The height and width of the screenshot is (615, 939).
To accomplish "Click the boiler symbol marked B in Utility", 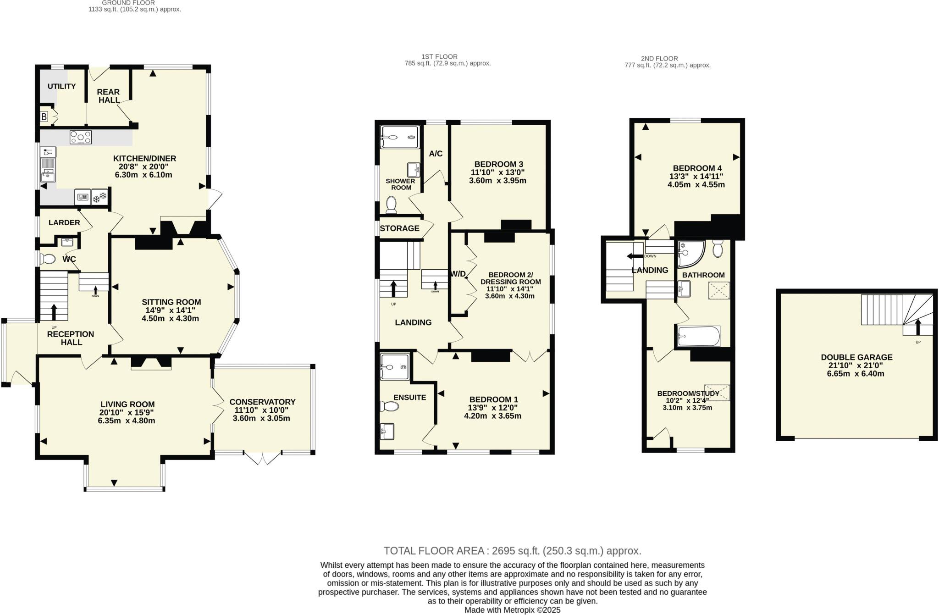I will coord(44,116).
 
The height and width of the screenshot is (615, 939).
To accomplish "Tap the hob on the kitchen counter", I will coord(81,137).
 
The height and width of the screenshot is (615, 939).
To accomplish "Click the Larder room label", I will coord(64,222).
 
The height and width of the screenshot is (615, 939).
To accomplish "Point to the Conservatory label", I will coord(262,402).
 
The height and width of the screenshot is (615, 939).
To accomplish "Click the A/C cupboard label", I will coord(436,154).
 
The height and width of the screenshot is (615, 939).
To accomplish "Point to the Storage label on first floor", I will coord(399,228).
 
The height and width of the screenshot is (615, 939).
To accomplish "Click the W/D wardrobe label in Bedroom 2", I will coord(458,274).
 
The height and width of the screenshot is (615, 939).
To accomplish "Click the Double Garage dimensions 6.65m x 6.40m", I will coord(856,373).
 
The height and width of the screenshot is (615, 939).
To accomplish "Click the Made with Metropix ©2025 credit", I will coord(512,610).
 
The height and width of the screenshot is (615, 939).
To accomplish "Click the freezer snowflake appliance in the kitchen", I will coord(100,197).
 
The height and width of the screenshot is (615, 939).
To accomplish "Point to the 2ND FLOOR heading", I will coord(659,58).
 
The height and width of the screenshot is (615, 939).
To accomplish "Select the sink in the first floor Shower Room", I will coord(414,170).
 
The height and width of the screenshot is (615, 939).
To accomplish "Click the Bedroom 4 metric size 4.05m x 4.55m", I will coord(696,184).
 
